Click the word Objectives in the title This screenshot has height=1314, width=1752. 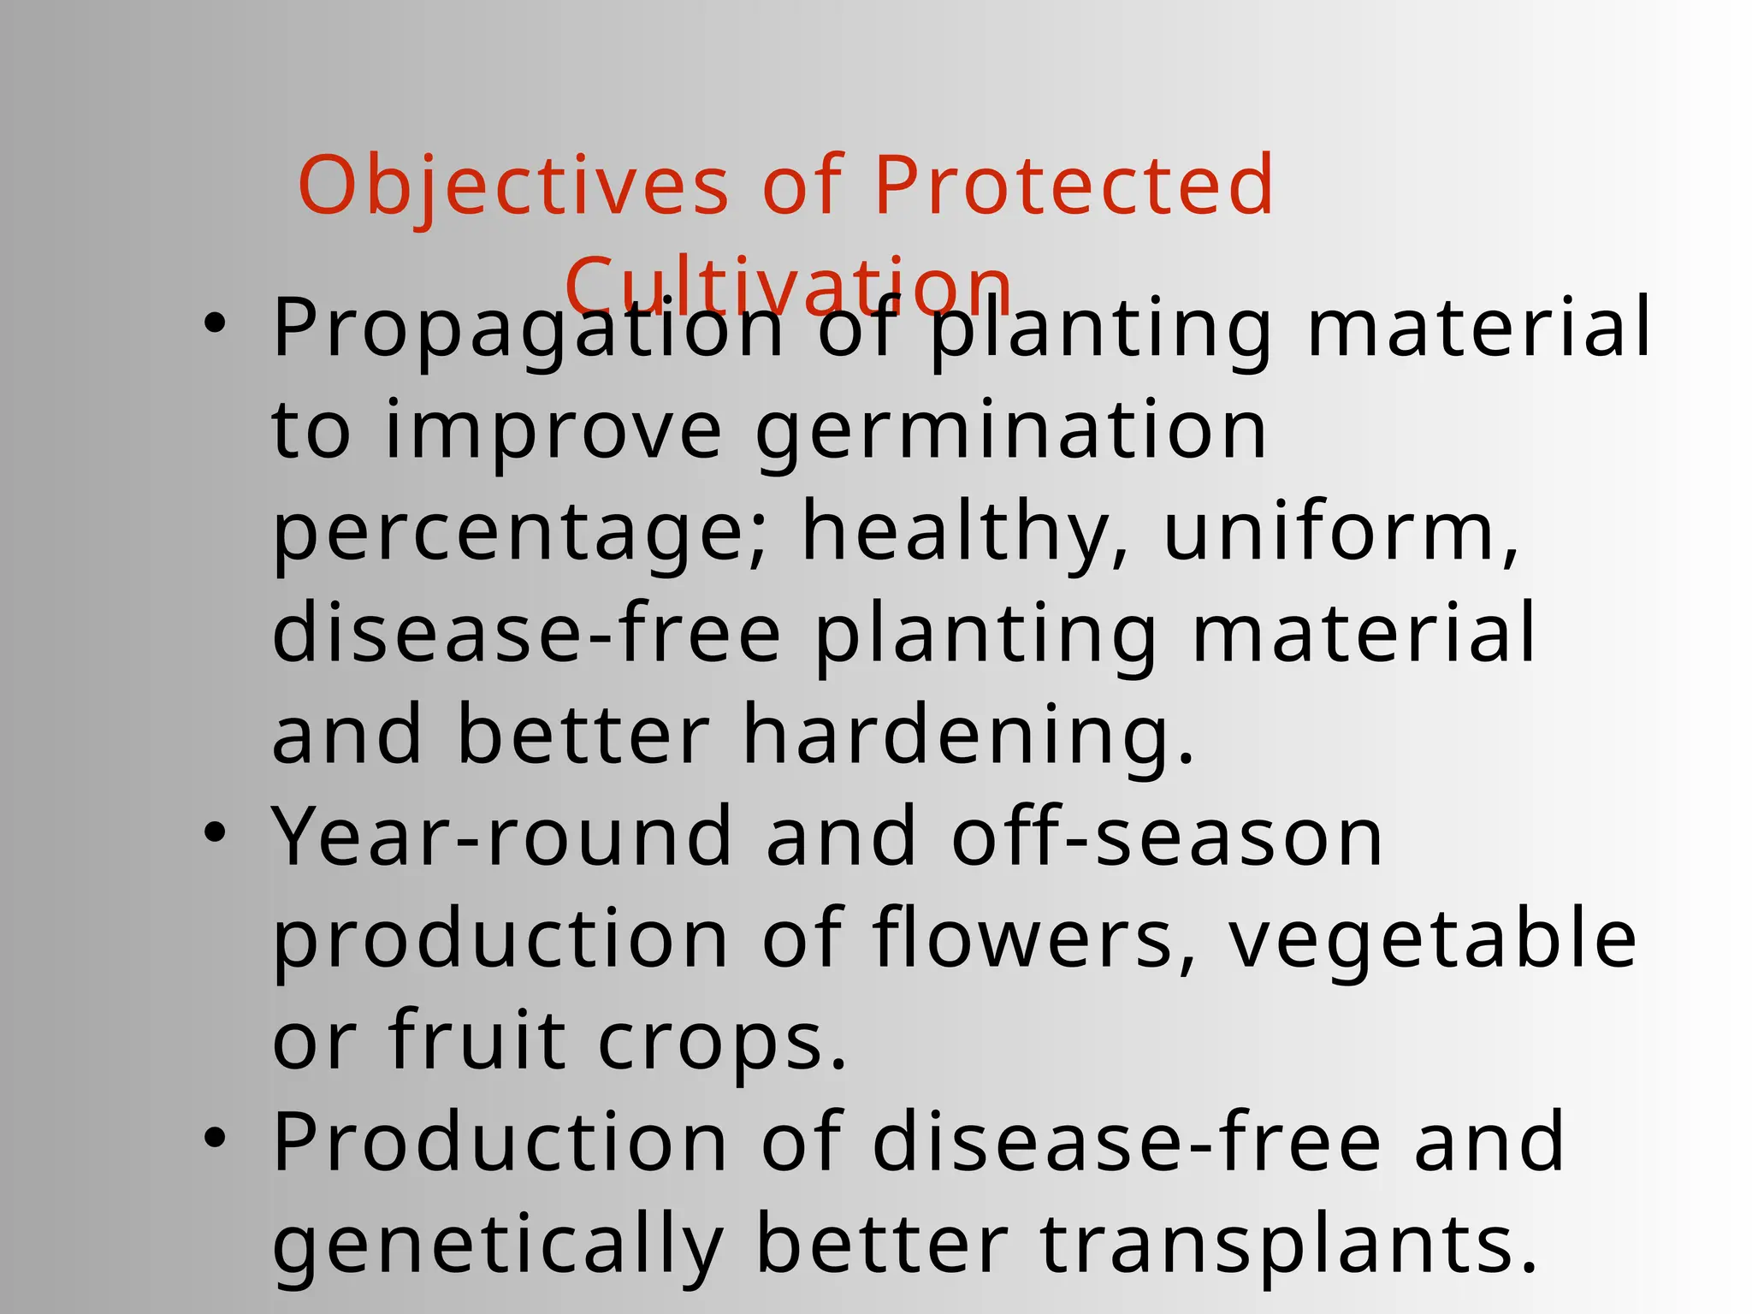512,186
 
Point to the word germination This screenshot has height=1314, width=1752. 1010,432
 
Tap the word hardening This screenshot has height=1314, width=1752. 968,736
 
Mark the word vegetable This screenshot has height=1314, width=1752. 1433,940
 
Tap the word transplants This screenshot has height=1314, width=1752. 1288,1246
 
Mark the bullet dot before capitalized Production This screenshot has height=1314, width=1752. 215,1138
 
